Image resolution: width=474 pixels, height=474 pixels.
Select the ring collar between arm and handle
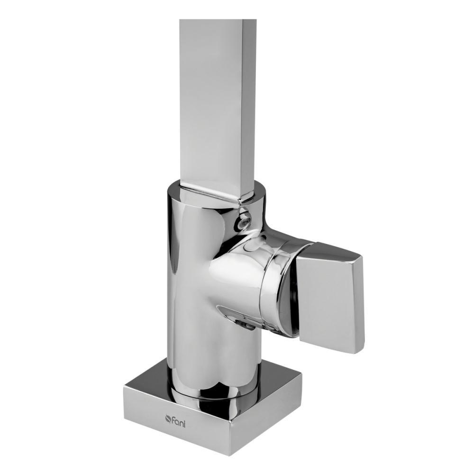tap(275, 284)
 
